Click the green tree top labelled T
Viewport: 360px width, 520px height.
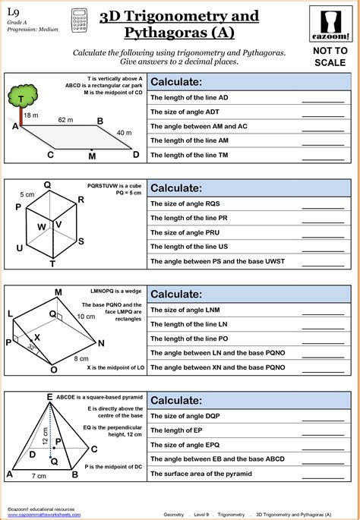click(24, 97)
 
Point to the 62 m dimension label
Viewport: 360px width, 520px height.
click(65, 120)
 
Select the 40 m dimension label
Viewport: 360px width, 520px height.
click(124, 133)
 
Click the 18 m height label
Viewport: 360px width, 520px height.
click(30, 115)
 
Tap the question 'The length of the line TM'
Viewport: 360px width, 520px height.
click(190, 155)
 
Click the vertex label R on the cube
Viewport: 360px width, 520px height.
click(81, 200)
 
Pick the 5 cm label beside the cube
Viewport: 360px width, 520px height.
click(27, 194)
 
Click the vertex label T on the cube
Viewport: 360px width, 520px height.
click(52, 264)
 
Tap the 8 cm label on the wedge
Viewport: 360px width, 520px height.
click(81, 358)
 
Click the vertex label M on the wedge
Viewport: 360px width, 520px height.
click(58, 292)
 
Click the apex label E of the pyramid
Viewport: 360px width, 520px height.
click(49, 397)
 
